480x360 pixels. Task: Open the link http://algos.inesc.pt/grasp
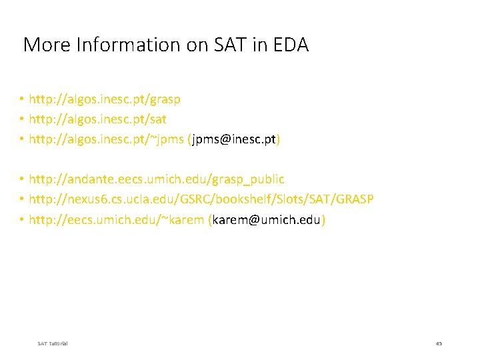tap(105, 99)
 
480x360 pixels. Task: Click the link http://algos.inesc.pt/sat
tap(98, 119)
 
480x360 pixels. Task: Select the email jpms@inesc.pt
tap(234, 139)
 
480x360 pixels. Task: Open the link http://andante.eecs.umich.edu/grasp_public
tap(157, 179)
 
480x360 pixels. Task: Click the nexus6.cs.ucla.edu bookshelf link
tap(201, 199)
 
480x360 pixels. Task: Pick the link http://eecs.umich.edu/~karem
tap(117, 219)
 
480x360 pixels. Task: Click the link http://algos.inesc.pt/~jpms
tap(107, 139)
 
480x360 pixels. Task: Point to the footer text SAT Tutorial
tap(53, 343)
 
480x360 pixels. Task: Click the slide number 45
tap(439, 343)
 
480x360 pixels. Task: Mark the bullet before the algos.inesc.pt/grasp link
tap(22, 99)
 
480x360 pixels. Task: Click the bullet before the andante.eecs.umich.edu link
tap(22, 179)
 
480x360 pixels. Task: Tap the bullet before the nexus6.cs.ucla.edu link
tap(22, 199)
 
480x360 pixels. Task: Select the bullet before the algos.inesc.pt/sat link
tap(22, 119)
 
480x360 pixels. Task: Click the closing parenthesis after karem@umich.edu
tap(323, 219)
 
